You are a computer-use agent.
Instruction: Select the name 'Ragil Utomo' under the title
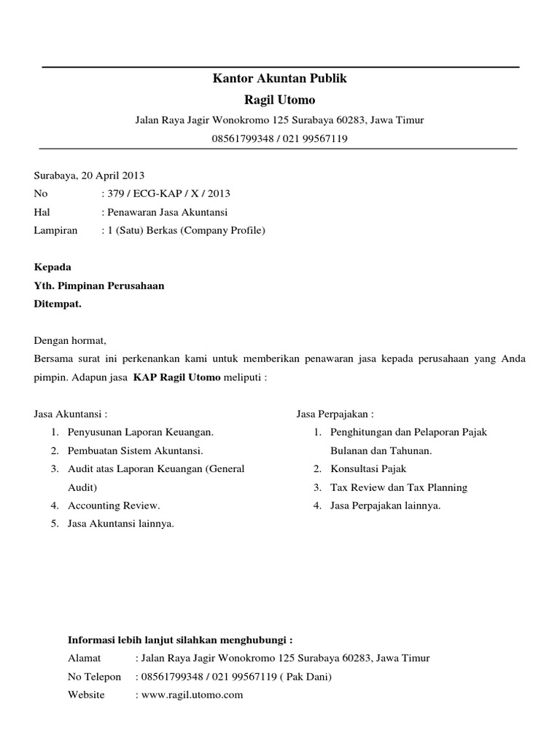click(x=279, y=100)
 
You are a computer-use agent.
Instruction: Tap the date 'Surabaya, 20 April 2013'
click(x=90, y=176)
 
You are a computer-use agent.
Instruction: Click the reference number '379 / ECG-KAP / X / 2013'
click(x=168, y=194)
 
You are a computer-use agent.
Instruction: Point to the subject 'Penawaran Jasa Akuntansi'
click(x=167, y=212)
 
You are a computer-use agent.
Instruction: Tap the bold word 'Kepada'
click(x=53, y=267)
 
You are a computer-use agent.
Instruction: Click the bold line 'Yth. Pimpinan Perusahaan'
click(x=99, y=286)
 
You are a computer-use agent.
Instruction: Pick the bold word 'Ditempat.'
click(x=58, y=304)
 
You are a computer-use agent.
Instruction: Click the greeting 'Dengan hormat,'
click(x=71, y=340)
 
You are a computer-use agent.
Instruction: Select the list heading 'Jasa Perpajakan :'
click(x=335, y=414)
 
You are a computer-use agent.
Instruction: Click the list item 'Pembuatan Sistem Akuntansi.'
click(x=136, y=450)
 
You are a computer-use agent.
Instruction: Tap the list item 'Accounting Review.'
click(x=114, y=505)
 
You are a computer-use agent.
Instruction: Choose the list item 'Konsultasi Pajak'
click(x=368, y=468)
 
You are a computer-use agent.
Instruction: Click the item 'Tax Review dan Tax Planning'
click(x=399, y=487)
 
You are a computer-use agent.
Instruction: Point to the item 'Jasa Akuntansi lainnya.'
click(x=121, y=523)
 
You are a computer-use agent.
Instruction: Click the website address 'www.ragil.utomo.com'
click(x=192, y=695)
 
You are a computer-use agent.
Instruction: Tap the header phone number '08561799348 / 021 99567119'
click(x=279, y=138)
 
